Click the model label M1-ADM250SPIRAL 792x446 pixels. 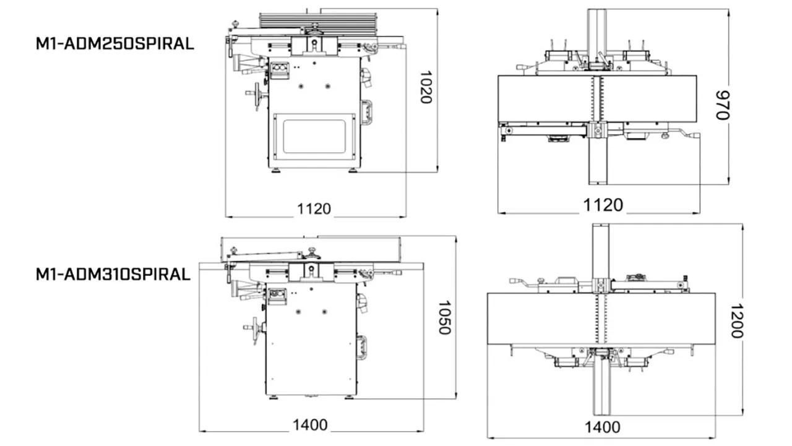point(114,45)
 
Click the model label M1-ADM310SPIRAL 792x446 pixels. point(113,274)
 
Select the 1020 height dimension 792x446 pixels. point(425,87)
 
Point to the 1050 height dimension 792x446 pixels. point(443,317)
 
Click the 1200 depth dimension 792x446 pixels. point(736,321)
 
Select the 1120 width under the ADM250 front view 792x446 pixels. point(314,208)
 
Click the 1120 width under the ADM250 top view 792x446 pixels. point(603,205)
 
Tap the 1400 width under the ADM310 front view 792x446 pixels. point(310,425)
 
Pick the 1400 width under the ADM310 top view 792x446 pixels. point(602,427)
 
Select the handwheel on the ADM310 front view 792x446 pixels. point(254,326)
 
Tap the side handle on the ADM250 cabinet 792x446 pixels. point(367,113)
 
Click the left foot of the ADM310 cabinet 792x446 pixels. point(273,395)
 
